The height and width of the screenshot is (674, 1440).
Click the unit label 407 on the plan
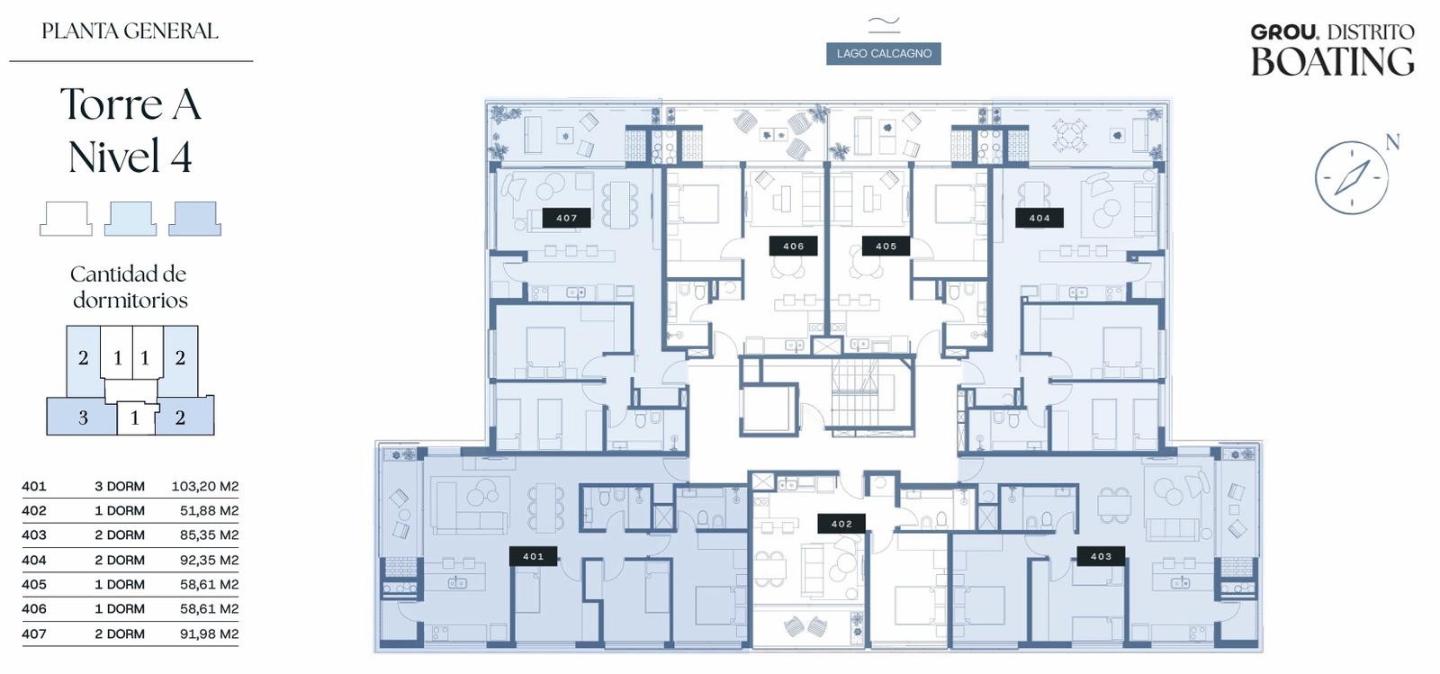click(566, 218)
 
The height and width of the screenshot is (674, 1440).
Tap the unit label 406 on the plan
click(793, 246)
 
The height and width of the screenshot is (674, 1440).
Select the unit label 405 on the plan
click(886, 246)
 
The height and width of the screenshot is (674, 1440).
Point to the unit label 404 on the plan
click(1039, 218)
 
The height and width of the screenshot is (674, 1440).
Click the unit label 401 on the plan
click(533, 556)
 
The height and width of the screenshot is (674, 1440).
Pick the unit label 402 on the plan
click(841, 524)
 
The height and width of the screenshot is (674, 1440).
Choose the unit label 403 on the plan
click(1102, 556)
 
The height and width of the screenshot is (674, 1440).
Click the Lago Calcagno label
click(884, 53)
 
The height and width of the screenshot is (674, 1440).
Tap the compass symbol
click(1351, 177)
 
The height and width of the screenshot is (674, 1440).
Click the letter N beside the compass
click(1392, 142)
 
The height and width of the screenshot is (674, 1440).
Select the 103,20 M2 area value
click(205, 487)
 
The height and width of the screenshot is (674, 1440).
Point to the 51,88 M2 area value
click(209, 511)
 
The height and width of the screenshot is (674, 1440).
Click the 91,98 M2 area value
click(209, 634)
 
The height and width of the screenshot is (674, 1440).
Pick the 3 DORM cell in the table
click(120, 487)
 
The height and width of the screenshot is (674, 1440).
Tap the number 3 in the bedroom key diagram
click(83, 418)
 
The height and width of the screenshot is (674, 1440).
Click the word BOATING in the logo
click(1333, 62)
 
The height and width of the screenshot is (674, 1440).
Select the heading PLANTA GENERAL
click(130, 31)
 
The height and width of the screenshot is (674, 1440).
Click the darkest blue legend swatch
click(194, 219)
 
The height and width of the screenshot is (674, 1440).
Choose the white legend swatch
click(67, 219)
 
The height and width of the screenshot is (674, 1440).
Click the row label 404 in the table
click(34, 561)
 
